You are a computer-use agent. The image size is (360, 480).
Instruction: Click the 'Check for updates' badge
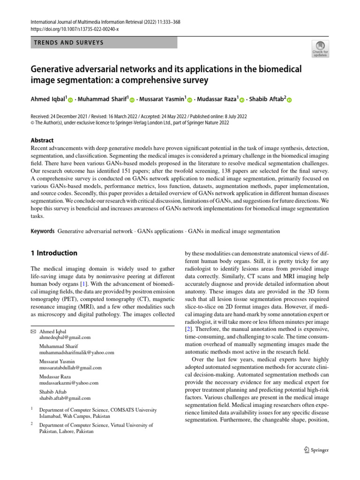pos(321,49)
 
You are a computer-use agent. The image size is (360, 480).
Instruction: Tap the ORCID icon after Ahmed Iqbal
pos(71,100)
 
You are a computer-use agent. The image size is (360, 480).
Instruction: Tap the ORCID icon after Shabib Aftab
pos(289,100)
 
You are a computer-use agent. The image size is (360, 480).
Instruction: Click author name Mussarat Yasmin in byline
pos(162,99)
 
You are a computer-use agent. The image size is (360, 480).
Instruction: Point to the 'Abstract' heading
pos(42,140)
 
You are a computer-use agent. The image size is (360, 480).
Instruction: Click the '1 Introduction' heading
pos(54,253)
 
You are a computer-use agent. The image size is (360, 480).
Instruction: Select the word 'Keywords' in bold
pos(42,232)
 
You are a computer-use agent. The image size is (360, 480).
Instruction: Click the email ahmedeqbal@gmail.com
pos(65,337)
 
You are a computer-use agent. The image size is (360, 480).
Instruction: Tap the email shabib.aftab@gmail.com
pos(65,398)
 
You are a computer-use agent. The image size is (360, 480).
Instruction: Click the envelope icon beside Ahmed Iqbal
pos(33,331)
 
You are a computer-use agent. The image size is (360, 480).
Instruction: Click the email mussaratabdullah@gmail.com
pos(70,367)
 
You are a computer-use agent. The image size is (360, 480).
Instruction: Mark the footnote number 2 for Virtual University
pos(31,423)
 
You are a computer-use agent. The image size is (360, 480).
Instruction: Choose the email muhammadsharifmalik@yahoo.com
pos(76,352)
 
